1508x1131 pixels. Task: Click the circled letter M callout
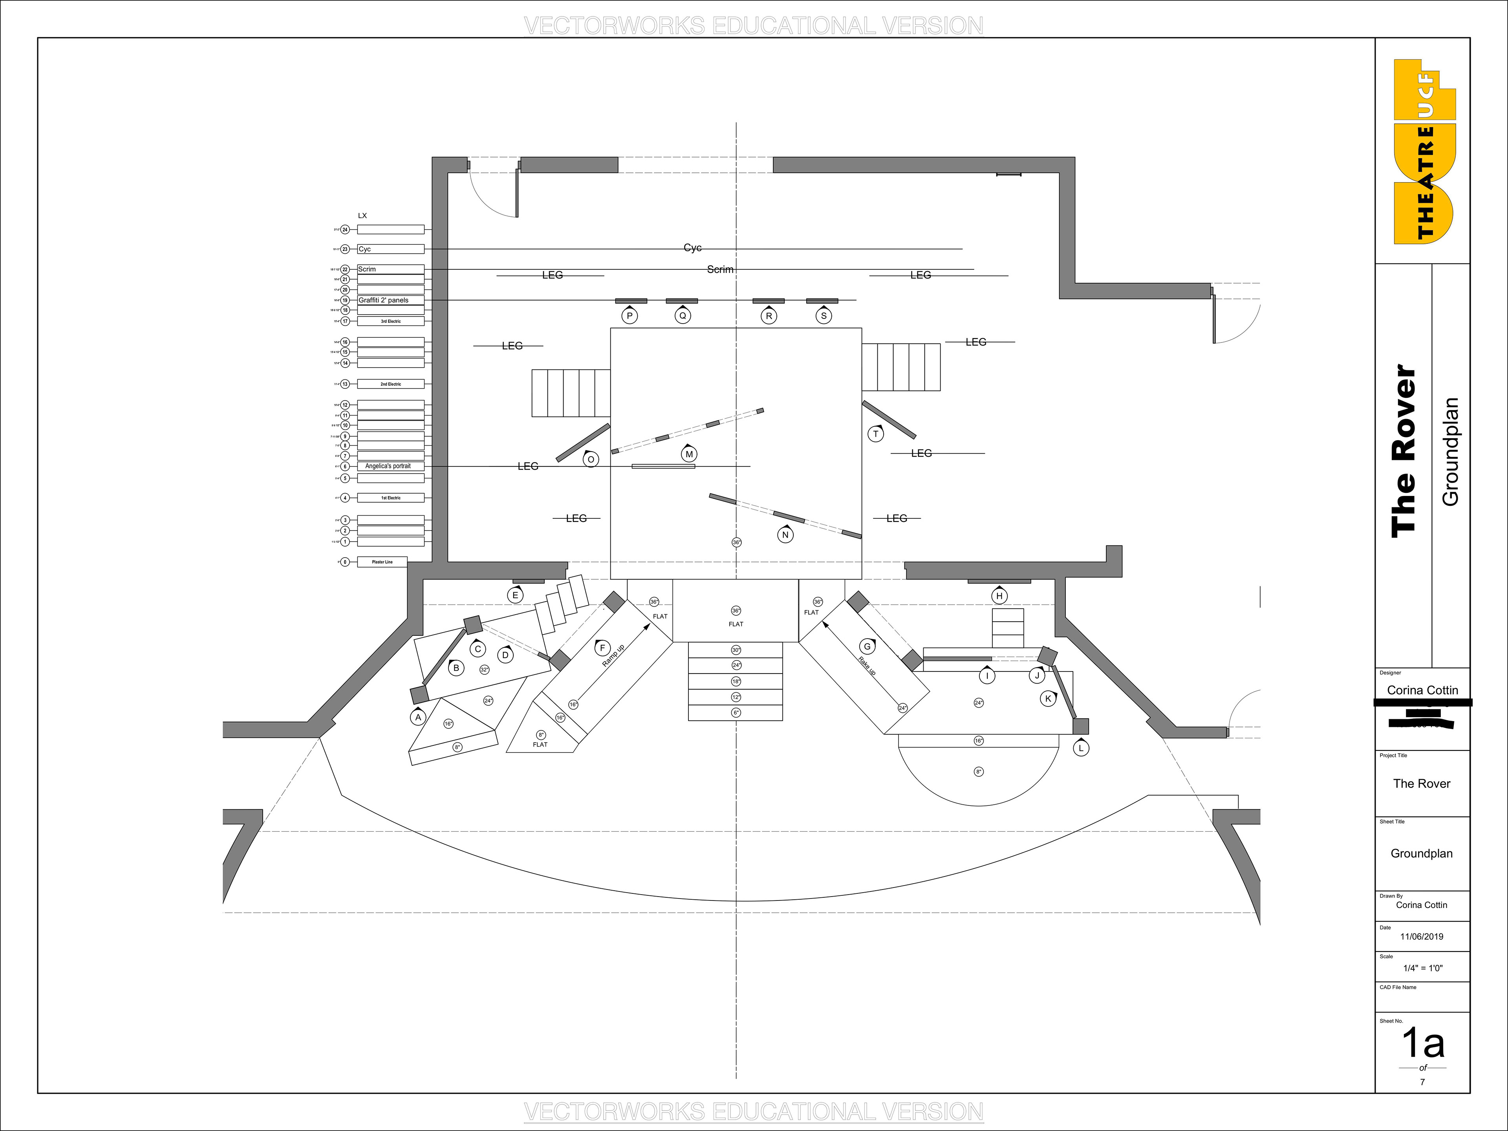click(688, 454)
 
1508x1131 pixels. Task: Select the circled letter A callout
click(418, 717)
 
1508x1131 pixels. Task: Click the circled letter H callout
click(999, 596)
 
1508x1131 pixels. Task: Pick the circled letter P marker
click(629, 316)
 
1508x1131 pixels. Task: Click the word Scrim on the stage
click(720, 269)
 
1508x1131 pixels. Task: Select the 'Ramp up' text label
click(613, 656)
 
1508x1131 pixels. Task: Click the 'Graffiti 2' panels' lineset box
click(390, 300)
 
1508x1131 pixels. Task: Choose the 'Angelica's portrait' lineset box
click(390, 466)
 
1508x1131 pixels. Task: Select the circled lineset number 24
click(345, 230)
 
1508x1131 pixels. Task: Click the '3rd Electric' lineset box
click(390, 321)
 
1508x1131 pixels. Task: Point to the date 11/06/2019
click(1422, 936)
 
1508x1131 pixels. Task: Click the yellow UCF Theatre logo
click(1424, 151)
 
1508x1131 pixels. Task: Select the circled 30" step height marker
click(736, 650)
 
